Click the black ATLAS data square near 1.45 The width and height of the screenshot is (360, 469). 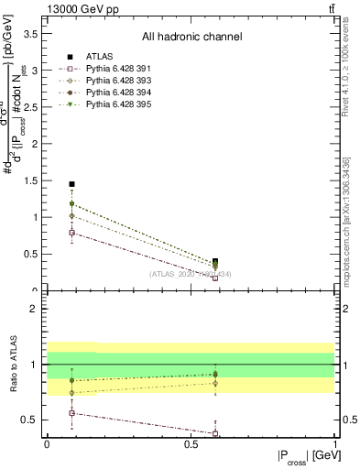72,184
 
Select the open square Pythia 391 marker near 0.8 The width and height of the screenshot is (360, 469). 72,233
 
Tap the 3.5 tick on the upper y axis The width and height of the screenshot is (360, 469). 35,33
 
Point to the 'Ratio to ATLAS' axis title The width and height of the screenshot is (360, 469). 13,365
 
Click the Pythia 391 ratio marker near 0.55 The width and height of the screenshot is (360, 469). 72,413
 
